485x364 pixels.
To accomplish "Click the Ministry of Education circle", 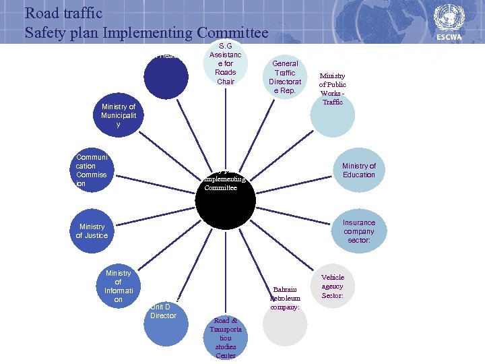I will point(358,170).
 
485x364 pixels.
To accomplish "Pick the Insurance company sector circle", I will point(359,231).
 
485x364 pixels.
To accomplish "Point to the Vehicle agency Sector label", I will point(332,286).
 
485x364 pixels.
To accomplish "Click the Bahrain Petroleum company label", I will point(286,297).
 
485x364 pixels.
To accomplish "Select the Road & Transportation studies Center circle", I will point(225,337).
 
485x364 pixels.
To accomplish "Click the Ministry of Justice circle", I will point(92,231).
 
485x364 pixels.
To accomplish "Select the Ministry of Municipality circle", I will point(119,116).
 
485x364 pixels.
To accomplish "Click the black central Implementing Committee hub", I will point(226,195).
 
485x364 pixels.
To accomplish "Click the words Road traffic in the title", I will point(63,12).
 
